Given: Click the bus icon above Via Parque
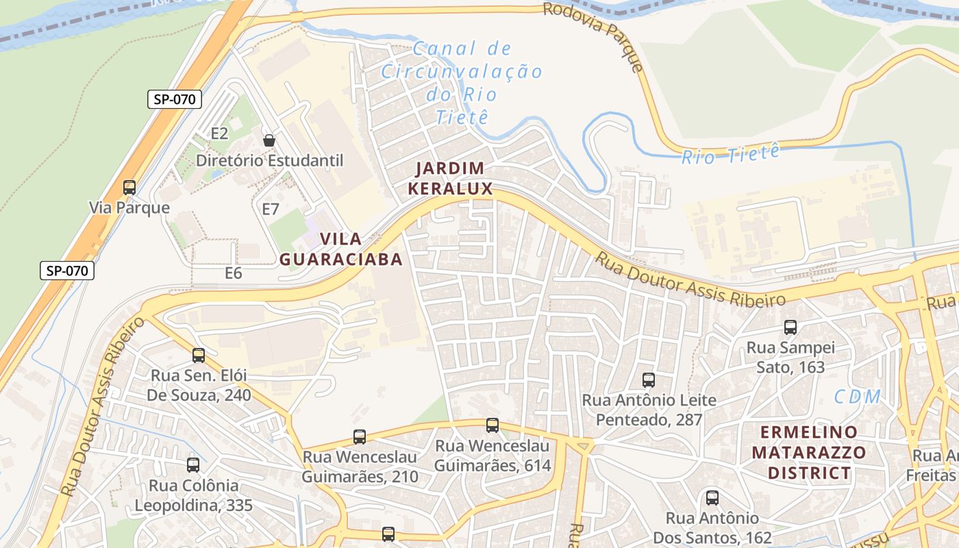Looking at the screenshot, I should tap(129, 187).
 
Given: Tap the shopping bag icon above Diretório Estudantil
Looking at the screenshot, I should tap(269, 140).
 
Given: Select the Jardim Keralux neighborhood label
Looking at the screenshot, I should tap(450, 179).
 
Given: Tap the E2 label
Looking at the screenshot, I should tap(219, 133).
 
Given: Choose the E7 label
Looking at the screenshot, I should tap(271, 209).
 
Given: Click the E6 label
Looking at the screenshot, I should tap(234, 273).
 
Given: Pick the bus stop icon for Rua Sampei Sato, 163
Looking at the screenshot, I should tap(790, 327).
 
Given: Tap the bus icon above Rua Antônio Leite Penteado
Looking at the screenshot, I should tap(648, 379).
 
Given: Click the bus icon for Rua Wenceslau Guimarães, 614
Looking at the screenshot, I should tap(492, 425).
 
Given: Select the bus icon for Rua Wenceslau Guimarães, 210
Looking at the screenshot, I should tap(359, 436).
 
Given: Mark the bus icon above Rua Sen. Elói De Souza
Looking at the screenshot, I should tap(199, 356).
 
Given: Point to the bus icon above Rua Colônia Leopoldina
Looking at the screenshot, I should tap(193, 465).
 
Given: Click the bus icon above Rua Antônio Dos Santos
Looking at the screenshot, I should tap(712, 498).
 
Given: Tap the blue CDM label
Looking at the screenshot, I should tap(857, 397).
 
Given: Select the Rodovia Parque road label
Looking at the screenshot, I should tap(593, 36).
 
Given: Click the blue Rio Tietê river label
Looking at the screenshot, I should tap(731, 154).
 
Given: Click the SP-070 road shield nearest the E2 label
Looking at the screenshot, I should tap(175, 99).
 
